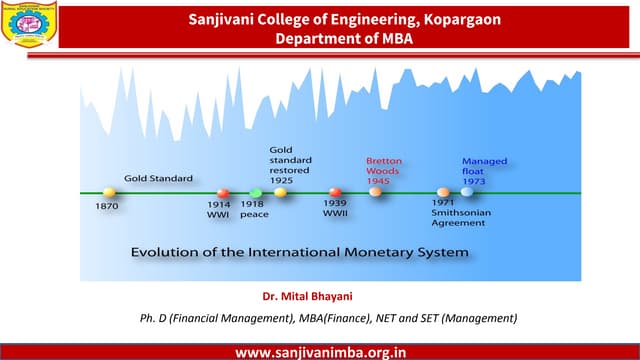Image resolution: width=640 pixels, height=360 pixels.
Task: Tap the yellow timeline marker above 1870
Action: coord(109,191)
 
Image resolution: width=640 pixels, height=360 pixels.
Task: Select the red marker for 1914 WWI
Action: coord(224,193)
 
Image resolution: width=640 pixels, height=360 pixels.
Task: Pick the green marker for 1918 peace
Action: coord(255,192)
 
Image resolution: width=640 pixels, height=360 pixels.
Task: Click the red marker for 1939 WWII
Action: coord(336,192)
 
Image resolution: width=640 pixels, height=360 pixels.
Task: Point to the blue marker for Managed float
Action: coord(467,192)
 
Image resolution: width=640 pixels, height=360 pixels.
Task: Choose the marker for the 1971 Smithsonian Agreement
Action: coord(443,192)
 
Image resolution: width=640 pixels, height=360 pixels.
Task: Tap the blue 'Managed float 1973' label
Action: coord(484,171)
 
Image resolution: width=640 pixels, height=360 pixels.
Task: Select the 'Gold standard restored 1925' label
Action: coord(291,165)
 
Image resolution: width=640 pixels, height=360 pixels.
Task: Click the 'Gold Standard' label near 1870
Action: coord(158,178)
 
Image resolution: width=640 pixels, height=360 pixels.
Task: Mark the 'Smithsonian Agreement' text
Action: coord(458,218)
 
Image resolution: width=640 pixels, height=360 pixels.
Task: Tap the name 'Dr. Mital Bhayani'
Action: coord(309,297)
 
